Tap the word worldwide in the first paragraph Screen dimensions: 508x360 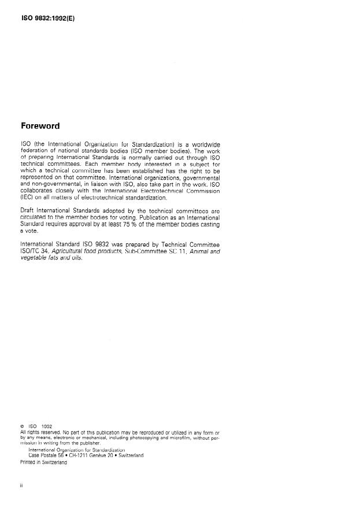(x=202, y=144)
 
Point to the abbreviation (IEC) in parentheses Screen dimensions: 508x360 (x=28, y=198)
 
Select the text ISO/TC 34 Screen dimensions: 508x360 (x=37, y=252)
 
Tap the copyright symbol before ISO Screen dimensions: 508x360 (x=22, y=427)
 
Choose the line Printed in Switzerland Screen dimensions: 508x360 (x=43, y=462)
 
